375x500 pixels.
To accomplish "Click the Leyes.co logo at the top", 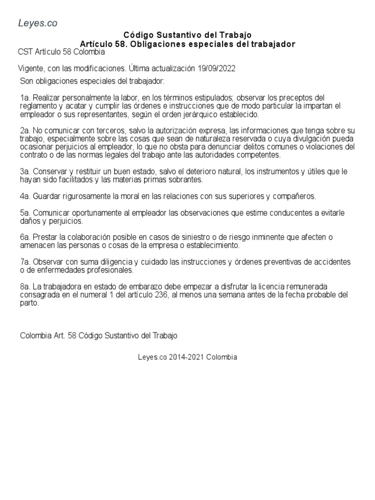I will [38, 22].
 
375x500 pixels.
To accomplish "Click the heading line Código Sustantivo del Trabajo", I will [187, 35].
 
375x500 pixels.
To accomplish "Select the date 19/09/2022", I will [217, 68].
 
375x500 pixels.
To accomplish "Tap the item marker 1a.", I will [25, 98].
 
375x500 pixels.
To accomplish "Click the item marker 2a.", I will [25, 131].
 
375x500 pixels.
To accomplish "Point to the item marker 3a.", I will [25, 171].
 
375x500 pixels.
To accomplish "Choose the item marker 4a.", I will [25, 196].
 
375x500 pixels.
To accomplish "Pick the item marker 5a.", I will [25, 214].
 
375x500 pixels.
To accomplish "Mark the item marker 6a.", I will [25, 237].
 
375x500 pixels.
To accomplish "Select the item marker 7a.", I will [25, 262].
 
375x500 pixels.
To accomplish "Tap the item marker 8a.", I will [25, 286].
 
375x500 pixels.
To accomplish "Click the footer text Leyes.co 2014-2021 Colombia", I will [187, 357].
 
